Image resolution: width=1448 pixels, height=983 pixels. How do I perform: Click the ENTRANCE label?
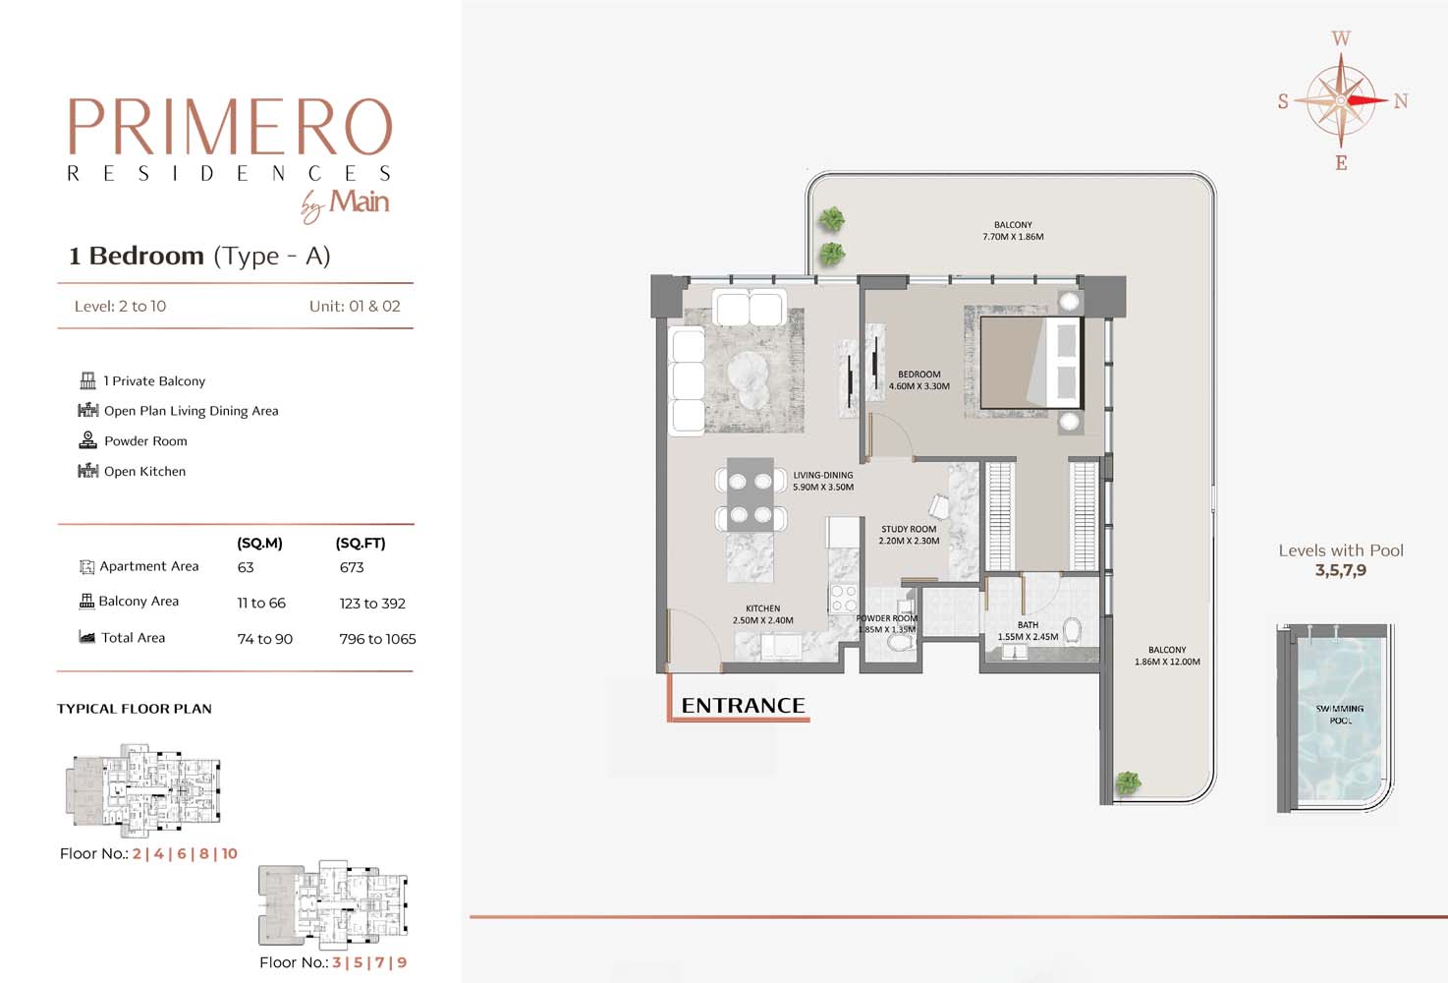pos(743,706)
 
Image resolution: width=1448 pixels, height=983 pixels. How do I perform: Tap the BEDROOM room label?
pos(919,375)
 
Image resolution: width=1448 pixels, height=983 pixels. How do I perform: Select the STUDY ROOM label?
pos(909,529)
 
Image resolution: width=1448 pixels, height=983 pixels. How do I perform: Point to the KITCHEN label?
pos(762,608)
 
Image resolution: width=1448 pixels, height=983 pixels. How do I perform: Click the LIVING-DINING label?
pos(823,475)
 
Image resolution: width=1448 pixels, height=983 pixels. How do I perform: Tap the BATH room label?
pos(1028,625)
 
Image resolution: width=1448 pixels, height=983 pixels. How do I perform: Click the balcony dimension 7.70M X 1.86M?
pos(1013,237)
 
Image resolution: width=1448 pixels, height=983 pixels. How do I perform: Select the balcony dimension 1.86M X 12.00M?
pos(1167,662)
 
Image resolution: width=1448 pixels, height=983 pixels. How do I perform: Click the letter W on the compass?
pos(1341,39)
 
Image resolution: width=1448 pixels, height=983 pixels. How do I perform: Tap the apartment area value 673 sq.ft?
pos(352,567)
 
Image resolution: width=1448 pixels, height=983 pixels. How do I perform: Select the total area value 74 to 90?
pos(265,639)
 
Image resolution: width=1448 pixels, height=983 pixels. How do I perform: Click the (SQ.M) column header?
pos(259,543)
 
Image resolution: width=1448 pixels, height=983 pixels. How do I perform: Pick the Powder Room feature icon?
pos(87,440)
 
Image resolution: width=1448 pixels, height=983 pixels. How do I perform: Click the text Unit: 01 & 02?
pos(355,306)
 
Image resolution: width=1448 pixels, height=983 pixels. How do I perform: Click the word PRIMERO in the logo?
pos(230,127)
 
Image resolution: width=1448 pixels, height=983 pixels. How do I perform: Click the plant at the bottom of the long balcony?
pos(1128,782)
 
